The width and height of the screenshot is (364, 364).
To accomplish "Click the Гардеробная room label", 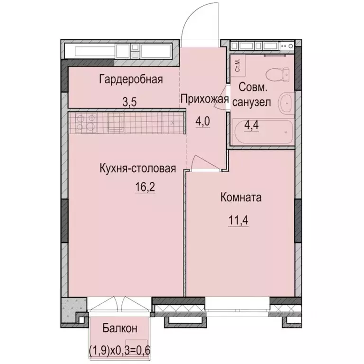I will coord(131,79).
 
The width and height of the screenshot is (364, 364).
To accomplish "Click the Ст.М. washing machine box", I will coord(237,65).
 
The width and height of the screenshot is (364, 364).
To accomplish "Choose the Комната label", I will coord(241,198).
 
